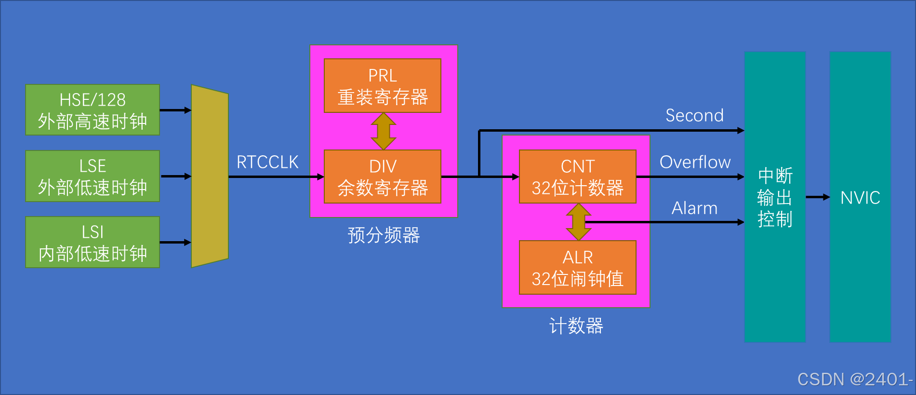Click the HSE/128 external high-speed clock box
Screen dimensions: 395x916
(x=92, y=110)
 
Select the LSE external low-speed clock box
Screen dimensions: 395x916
(x=92, y=176)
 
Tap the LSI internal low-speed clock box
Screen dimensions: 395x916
(x=92, y=242)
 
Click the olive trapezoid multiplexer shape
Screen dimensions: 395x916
(x=210, y=176)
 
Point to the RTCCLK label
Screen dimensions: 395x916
(x=267, y=162)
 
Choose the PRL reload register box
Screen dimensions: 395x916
(x=382, y=86)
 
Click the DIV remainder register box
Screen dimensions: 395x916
(x=382, y=177)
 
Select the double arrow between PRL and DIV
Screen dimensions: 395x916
(x=383, y=131)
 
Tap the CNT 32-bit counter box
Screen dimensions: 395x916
(x=577, y=177)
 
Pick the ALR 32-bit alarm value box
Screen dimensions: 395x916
(x=577, y=267)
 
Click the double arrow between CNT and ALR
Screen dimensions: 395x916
(x=578, y=222)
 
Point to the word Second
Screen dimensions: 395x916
(x=694, y=116)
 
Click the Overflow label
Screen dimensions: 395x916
(x=695, y=162)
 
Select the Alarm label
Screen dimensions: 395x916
(x=694, y=208)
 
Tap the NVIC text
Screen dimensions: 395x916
(x=860, y=198)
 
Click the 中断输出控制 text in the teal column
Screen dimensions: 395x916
(x=775, y=198)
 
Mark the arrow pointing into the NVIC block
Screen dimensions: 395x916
(x=818, y=197)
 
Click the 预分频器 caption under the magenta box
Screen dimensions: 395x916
(x=384, y=235)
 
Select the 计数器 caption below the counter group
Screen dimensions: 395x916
(x=576, y=326)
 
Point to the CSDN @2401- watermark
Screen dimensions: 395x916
(x=855, y=380)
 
